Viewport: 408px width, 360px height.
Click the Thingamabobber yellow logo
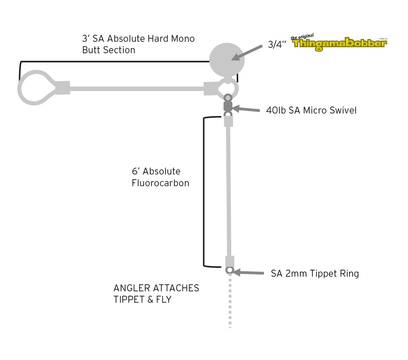339,43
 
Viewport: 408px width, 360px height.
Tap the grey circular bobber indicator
226,60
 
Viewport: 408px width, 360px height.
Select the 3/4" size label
277,44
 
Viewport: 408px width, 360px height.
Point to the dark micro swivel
228,106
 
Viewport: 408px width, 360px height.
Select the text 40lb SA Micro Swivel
311,110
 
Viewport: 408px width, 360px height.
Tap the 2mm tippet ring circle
229,270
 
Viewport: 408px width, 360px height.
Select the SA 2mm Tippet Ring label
315,273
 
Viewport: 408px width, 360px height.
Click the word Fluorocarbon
160,183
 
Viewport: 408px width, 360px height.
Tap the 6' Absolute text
156,171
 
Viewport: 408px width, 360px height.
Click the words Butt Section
108,50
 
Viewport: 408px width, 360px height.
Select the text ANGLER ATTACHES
156,288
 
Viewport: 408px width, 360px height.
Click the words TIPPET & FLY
142,299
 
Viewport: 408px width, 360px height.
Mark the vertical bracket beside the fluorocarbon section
204,191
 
